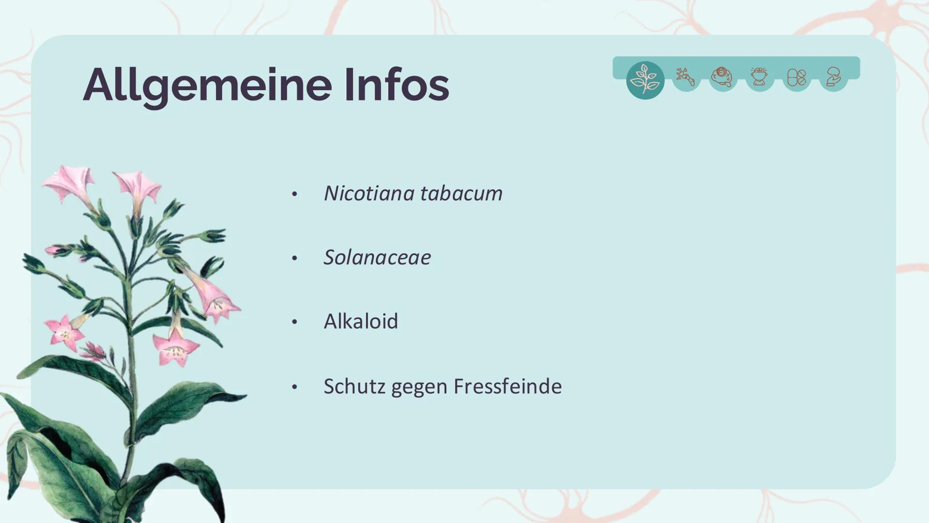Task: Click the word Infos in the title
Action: [x=397, y=85]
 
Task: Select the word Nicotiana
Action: [x=369, y=193]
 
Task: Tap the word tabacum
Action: [x=461, y=193]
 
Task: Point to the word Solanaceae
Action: [x=377, y=257]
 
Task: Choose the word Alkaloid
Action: [x=360, y=321]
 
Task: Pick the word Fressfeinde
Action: [x=508, y=386]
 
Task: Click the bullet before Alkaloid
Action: [x=294, y=322]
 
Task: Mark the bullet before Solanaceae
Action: [x=294, y=258]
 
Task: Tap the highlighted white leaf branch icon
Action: [x=645, y=80]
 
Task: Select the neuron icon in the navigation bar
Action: [x=686, y=77]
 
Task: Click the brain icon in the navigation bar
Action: [x=722, y=77]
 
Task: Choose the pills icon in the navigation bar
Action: [x=796, y=77]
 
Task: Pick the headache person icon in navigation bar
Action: [x=759, y=77]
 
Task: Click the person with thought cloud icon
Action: [x=833, y=77]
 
